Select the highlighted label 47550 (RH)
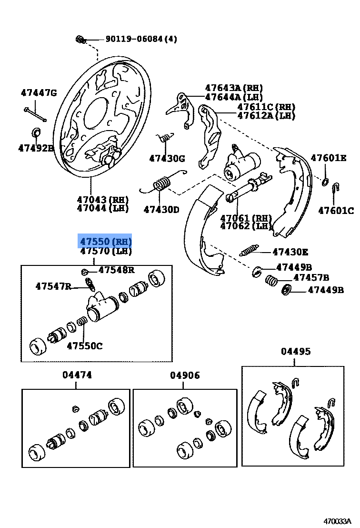105,241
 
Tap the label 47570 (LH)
105,251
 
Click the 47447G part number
38,93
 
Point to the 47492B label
36,148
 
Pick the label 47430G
167,158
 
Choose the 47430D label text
161,209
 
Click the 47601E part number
329,158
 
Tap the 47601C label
336,210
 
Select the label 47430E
290,252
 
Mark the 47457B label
311,277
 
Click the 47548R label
116,270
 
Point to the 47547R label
53,286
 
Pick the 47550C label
84,346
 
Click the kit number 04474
77,376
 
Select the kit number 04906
185,376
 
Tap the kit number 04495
295,352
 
